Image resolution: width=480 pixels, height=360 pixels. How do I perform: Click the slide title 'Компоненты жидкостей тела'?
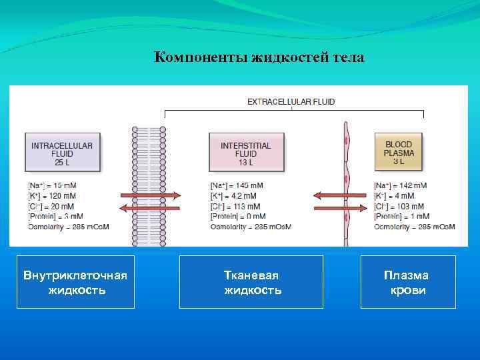259,57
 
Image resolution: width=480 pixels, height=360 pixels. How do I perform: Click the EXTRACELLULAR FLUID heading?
291,102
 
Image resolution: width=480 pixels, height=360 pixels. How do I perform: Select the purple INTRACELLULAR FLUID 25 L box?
62,153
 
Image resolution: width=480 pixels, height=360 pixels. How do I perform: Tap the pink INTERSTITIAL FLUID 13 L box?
245,153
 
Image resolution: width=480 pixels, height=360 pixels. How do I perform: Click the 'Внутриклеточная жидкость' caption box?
75,282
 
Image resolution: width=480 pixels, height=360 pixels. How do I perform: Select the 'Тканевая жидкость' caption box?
251,282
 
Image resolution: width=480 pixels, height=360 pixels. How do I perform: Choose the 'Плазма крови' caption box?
408,282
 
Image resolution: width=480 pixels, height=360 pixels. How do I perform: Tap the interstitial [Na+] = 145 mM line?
236,185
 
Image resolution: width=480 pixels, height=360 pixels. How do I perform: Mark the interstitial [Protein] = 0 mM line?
237,216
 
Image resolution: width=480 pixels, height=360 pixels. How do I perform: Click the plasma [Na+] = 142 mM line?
400,185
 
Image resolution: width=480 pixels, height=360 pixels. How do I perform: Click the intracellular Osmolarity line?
68,227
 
